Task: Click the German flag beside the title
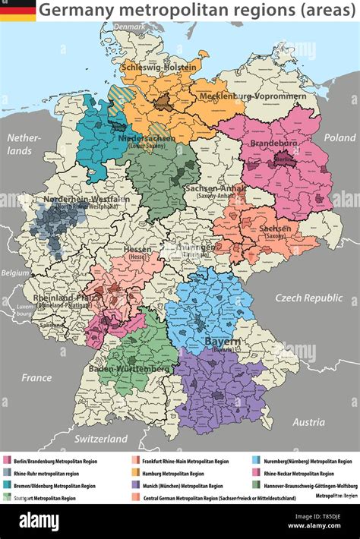pyautogui.click(x=17, y=10)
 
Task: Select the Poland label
pyautogui.click(x=339, y=137)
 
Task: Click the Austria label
pyautogui.click(x=308, y=422)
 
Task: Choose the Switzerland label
pyautogui.click(x=100, y=439)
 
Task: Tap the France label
pyautogui.click(x=36, y=377)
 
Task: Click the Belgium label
pyautogui.click(x=14, y=273)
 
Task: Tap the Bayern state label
pyautogui.click(x=222, y=342)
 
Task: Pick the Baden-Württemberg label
pyautogui.click(x=129, y=368)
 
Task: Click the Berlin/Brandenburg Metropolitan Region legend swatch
pyautogui.click(x=8, y=461)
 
